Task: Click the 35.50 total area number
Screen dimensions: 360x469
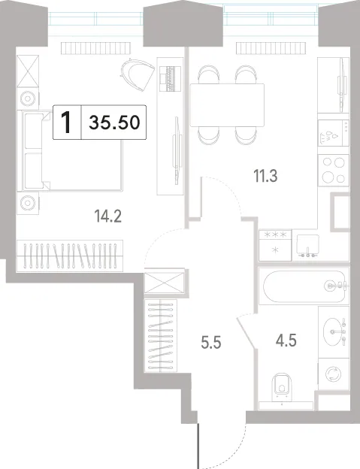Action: click(114, 122)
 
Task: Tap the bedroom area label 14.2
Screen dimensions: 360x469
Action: click(108, 216)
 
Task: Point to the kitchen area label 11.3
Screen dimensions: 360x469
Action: click(265, 176)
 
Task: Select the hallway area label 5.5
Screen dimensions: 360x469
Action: click(211, 343)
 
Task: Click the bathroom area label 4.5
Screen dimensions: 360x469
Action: click(286, 340)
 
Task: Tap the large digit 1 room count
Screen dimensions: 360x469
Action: click(66, 122)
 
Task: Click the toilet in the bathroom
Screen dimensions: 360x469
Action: click(282, 387)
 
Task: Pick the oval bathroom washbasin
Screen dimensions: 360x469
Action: click(332, 331)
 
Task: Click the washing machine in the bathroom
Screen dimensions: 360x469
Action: click(334, 374)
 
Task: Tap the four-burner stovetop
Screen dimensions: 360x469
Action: click(334, 170)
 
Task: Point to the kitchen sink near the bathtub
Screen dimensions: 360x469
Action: click(308, 246)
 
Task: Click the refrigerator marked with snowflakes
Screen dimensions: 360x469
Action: click(275, 245)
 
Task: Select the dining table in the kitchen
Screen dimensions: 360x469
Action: click(227, 105)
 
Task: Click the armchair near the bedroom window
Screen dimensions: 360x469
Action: click(138, 74)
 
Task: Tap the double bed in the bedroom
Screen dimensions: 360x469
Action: click(69, 151)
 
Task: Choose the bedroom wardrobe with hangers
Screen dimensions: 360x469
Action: click(70, 256)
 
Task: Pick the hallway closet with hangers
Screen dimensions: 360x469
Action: click(161, 335)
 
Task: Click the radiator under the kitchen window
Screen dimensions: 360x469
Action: click(271, 48)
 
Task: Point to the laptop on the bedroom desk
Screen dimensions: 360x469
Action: click(171, 78)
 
